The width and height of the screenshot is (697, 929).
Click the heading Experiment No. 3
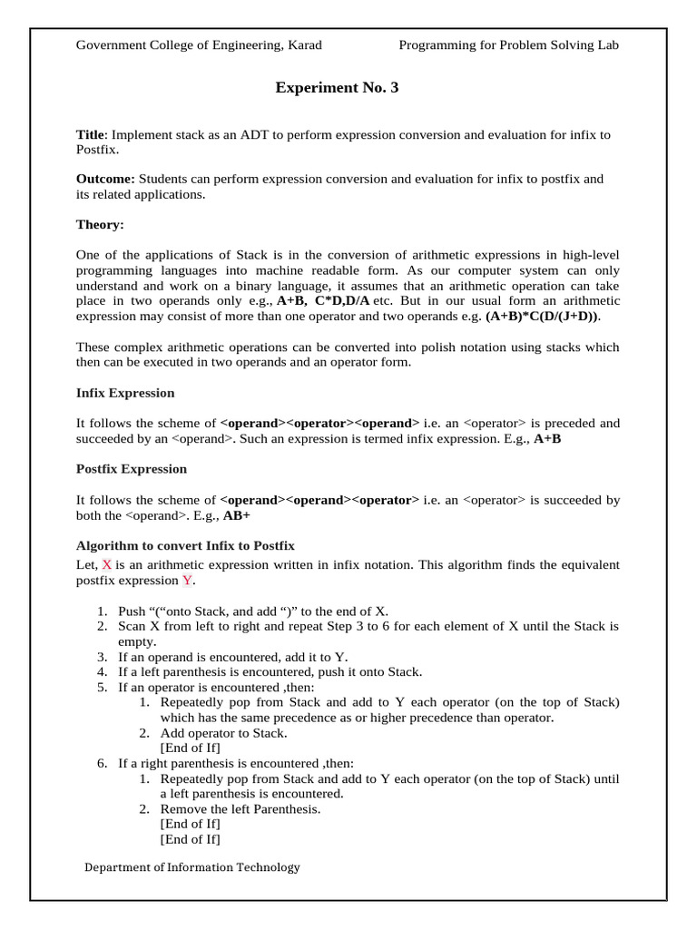tap(337, 88)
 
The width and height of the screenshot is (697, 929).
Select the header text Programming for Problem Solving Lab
tap(508, 44)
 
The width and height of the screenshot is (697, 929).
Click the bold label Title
tap(90, 134)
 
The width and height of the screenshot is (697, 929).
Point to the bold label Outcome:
tap(105, 179)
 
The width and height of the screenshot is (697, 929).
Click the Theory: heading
tap(100, 223)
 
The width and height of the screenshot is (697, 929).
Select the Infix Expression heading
tap(125, 393)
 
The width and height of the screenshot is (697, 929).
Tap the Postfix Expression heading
tap(132, 469)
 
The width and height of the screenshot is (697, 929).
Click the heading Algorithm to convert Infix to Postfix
tap(185, 545)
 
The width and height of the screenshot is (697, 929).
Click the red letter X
tap(106, 564)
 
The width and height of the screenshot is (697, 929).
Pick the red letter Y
tap(187, 580)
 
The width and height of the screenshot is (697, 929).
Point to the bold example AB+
tap(237, 514)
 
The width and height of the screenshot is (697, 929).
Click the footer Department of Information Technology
tap(191, 866)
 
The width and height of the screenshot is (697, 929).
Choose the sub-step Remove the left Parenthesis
tap(241, 808)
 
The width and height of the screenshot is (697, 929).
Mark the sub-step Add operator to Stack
tap(223, 732)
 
